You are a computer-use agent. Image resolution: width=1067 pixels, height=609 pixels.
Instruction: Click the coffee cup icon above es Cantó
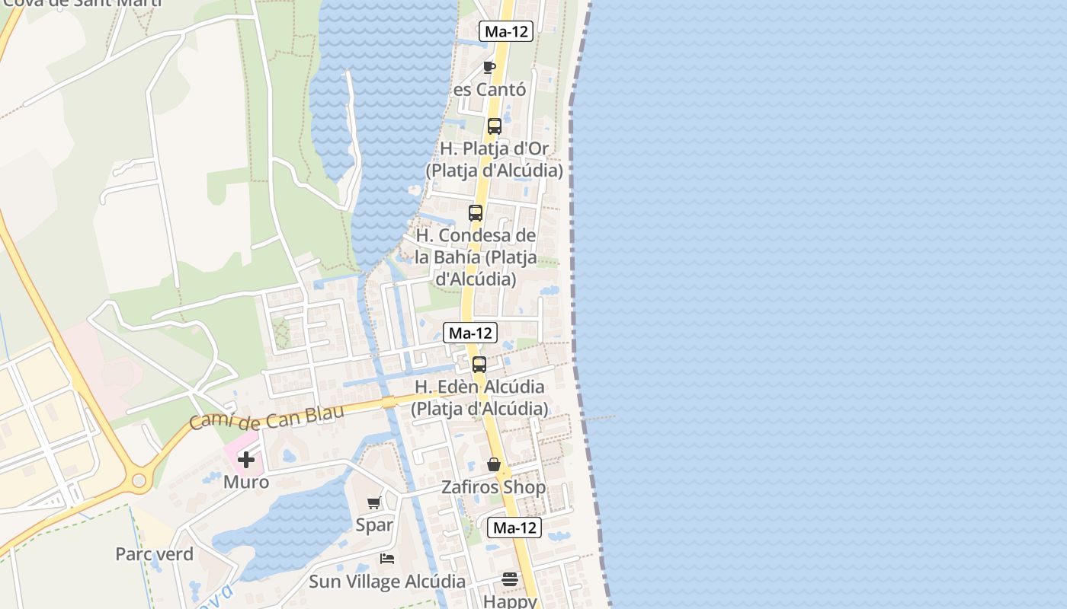coord(489,67)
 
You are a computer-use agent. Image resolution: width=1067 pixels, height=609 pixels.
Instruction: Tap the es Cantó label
coord(489,90)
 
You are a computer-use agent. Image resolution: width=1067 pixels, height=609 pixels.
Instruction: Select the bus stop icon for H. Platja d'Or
coord(494,126)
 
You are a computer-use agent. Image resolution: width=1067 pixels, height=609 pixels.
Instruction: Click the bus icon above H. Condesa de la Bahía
coord(476,213)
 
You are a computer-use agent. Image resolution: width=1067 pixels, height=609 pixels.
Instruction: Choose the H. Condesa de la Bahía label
coord(476,257)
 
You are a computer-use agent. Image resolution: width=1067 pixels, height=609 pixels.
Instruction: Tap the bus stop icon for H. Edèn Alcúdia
coord(479,365)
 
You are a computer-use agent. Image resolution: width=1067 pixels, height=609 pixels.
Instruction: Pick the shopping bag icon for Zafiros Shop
coord(494,464)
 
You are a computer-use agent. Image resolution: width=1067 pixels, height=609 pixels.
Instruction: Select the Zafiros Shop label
coord(494,487)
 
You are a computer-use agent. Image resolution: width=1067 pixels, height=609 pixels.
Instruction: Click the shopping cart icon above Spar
coord(373,502)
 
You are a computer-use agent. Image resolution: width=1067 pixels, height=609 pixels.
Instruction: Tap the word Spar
coord(374,525)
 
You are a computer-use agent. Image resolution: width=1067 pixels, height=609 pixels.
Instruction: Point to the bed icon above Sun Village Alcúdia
coord(387,559)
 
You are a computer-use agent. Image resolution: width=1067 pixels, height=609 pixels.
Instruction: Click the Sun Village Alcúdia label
coord(387,582)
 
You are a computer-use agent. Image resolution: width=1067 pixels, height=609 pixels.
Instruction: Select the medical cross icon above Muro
coord(246,460)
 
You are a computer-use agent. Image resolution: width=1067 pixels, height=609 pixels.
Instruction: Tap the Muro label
coord(246,482)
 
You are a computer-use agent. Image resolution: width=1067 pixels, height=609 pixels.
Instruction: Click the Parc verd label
coord(154,553)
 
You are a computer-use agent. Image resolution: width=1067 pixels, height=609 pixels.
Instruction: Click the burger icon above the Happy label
coord(510,580)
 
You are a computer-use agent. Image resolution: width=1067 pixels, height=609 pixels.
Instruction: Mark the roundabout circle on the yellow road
coord(139,480)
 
